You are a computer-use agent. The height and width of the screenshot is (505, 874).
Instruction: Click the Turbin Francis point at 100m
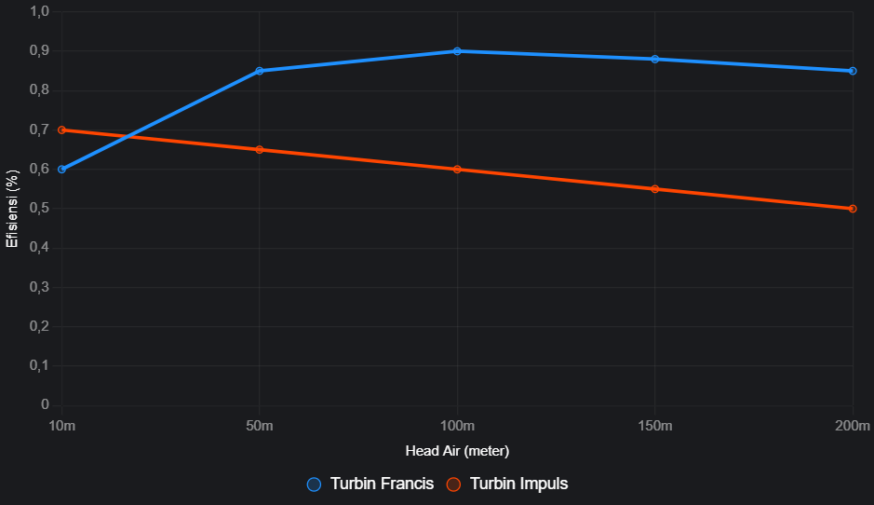457,51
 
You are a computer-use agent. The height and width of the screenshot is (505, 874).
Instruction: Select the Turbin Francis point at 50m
260,71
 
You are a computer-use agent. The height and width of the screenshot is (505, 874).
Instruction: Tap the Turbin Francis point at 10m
62,170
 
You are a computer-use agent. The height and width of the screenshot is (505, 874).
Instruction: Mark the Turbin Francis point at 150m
655,59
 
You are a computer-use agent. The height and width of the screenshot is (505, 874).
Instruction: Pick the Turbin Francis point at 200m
853,71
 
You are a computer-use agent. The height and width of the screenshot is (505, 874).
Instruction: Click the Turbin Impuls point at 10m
62,130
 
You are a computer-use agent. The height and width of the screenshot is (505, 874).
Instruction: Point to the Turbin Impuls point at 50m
260,150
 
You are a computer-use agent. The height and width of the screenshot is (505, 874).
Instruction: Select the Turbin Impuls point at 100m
457,170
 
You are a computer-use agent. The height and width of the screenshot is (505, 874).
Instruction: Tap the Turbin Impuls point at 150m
655,189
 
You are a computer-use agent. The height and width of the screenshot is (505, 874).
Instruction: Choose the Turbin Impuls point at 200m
853,209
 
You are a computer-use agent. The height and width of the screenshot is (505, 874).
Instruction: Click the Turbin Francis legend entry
371,484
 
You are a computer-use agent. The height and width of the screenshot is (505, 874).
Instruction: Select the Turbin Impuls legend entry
507,484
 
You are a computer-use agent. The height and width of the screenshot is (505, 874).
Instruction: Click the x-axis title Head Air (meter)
457,451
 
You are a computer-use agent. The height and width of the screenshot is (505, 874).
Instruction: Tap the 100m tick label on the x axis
457,427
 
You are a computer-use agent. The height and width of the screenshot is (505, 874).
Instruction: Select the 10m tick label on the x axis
62,427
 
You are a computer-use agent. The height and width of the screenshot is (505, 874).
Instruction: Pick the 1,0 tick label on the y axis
39,11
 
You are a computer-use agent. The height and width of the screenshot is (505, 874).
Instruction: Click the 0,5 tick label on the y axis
39,209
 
